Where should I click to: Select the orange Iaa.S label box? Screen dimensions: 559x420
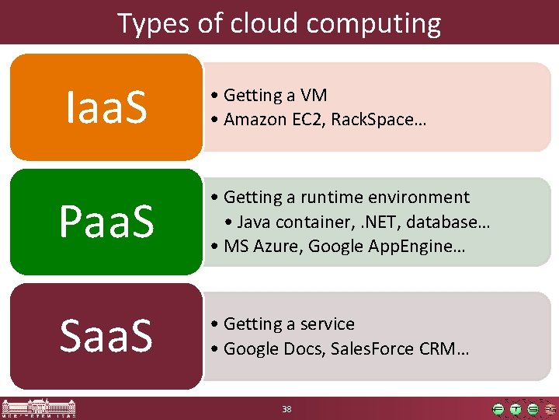[106, 107]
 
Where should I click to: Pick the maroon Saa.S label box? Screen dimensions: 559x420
[106, 336]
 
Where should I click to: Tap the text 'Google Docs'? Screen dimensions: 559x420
[269, 348]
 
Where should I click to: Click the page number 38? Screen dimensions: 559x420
[286, 409]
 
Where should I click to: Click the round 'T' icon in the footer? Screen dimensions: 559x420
[515, 409]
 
